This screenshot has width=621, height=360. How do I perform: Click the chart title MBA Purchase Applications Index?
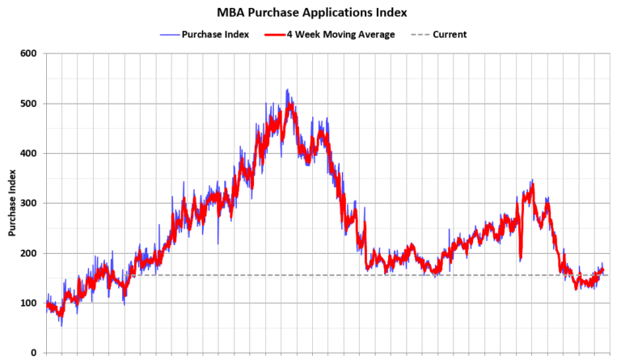click(x=311, y=13)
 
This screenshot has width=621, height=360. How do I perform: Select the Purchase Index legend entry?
click(x=209, y=35)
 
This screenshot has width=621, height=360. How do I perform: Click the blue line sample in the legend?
click(x=169, y=35)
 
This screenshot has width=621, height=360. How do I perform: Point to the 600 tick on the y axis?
click(x=29, y=54)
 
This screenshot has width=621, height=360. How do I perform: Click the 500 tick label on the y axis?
click(x=29, y=104)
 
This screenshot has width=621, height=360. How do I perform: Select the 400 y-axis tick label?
click(x=29, y=154)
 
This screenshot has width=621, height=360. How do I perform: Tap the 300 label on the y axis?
click(x=29, y=203)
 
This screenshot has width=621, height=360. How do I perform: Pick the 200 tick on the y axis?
click(x=29, y=253)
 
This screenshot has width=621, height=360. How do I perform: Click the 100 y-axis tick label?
click(x=29, y=303)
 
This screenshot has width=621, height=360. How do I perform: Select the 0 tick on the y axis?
click(x=34, y=353)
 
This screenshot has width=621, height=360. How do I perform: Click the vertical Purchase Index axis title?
click(x=13, y=203)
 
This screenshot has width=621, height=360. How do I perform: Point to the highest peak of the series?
click(x=287, y=90)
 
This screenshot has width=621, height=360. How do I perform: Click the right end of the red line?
click(x=603, y=271)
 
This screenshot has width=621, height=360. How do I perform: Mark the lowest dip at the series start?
click(x=61, y=325)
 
